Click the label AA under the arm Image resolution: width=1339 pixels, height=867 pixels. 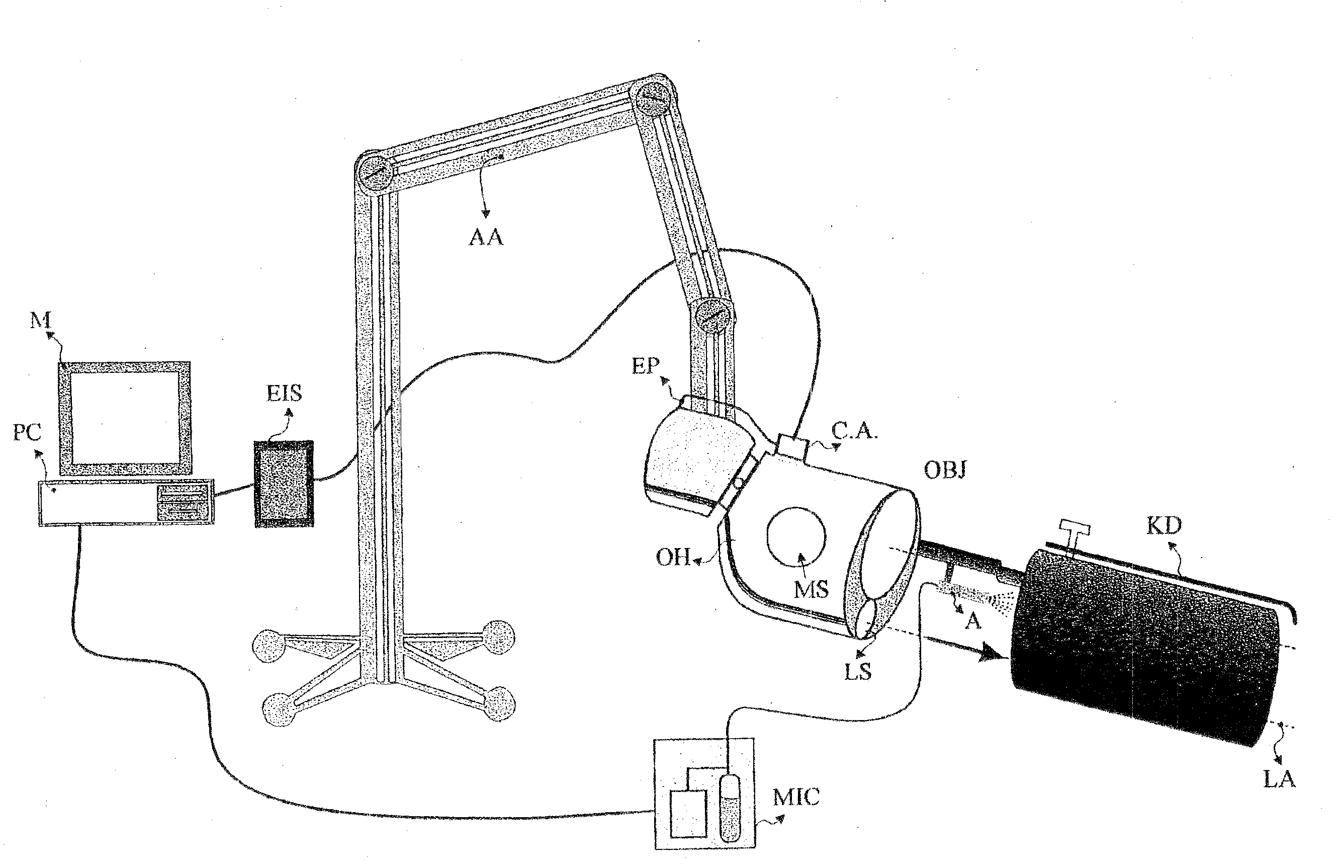tap(486, 237)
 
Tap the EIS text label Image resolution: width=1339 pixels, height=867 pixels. tap(284, 393)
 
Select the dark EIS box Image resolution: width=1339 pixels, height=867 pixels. tap(284, 483)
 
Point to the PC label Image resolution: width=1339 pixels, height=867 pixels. tap(27, 432)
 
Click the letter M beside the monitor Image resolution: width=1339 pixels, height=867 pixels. tap(41, 321)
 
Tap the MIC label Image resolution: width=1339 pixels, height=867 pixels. tap(795, 797)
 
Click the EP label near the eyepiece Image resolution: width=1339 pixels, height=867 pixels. tap(645, 366)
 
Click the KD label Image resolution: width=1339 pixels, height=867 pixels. tap(1164, 526)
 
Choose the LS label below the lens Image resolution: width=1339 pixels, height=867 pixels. tap(858, 672)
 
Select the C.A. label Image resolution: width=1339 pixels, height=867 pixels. tap(855, 431)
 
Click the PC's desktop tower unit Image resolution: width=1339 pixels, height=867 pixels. tap(127, 502)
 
